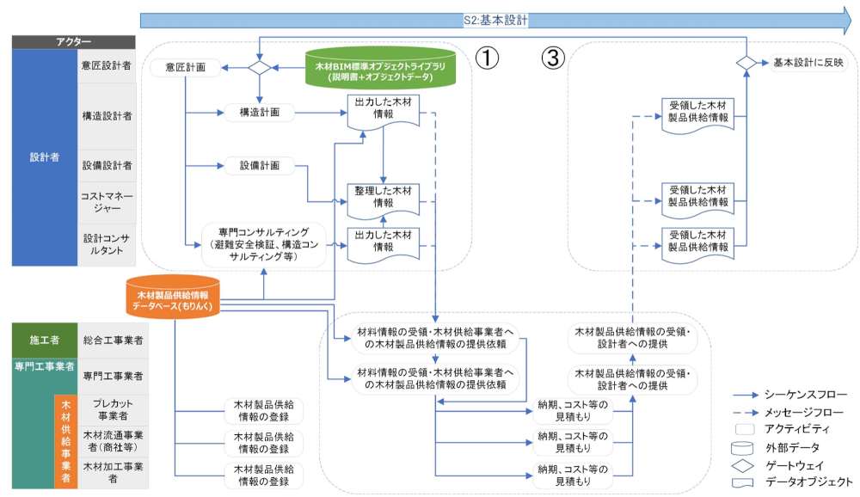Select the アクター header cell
[73, 41]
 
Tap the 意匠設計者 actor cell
[106, 65]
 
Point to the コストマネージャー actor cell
[106, 202]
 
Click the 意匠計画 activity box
[183, 67]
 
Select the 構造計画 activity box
[259, 112]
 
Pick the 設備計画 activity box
[259, 165]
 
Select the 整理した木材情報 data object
[383, 198]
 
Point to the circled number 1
[488, 58]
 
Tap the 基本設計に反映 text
[808, 63]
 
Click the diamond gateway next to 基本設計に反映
[746, 63]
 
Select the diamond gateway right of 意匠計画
[259, 67]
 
